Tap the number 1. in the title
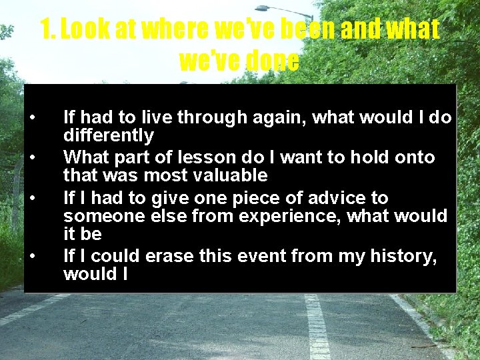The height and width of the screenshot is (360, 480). pyautogui.click(x=48, y=29)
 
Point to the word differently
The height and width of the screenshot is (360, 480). pyautogui.click(x=109, y=136)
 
